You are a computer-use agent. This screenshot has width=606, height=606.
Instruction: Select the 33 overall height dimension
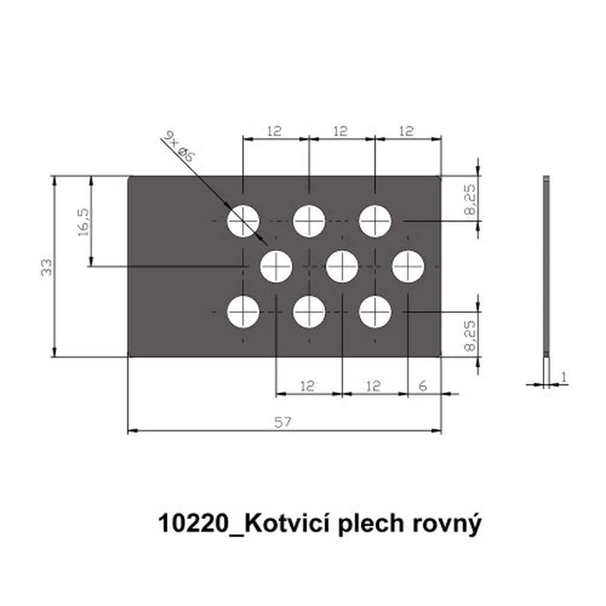pos(46,267)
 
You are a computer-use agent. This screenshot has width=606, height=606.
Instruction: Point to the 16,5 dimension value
pos(83,223)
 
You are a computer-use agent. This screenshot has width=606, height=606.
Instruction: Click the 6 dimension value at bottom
pos(423,386)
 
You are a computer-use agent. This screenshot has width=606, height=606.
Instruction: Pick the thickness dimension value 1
pos(563,377)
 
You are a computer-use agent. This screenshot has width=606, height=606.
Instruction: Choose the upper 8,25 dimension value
pos(470,199)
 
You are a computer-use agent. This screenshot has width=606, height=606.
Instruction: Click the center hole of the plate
pos(342,267)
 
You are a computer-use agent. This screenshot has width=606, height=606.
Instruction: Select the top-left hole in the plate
pos(243,221)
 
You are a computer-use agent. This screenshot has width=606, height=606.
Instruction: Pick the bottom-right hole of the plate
pos(375,312)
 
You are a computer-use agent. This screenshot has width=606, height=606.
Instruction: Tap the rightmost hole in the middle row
pos(408,267)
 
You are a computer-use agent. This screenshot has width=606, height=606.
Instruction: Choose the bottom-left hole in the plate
pos(243,312)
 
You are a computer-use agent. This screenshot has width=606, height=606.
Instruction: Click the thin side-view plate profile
pos(546,267)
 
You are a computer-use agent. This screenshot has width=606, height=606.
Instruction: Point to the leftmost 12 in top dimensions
pos(274,131)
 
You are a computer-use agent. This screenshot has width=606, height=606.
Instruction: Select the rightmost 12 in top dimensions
pos(406,131)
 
